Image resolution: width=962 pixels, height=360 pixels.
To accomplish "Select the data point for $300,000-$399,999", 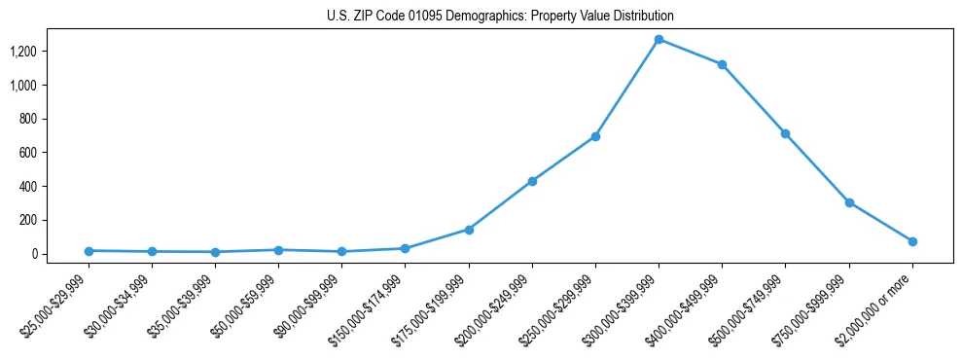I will click(x=659, y=40).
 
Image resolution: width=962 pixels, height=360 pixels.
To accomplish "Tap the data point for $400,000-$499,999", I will click(x=722, y=64).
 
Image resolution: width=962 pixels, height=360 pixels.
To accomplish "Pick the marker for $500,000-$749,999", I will click(x=785, y=133).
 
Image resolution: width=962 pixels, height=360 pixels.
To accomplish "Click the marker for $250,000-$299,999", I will click(x=595, y=136).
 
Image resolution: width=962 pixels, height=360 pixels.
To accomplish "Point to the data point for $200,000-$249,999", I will click(x=532, y=181).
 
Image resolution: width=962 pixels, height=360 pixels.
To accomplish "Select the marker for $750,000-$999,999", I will click(x=849, y=202).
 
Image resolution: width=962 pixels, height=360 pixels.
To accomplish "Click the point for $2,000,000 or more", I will click(x=912, y=241).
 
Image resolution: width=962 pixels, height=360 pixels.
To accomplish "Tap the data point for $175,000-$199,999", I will click(x=469, y=230).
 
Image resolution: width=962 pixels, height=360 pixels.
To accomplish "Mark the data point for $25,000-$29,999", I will click(x=89, y=251).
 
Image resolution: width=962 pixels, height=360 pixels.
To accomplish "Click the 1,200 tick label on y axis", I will click(x=24, y=52).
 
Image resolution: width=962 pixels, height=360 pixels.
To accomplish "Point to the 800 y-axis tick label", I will click(x=29, y=119).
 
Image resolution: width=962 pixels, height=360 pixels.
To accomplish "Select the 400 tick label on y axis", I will click(x=29, y=186).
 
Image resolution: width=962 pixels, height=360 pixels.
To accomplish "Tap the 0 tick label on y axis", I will click(x=35, y=254).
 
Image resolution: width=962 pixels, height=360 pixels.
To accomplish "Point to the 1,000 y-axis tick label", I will click(x=24, y=86).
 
